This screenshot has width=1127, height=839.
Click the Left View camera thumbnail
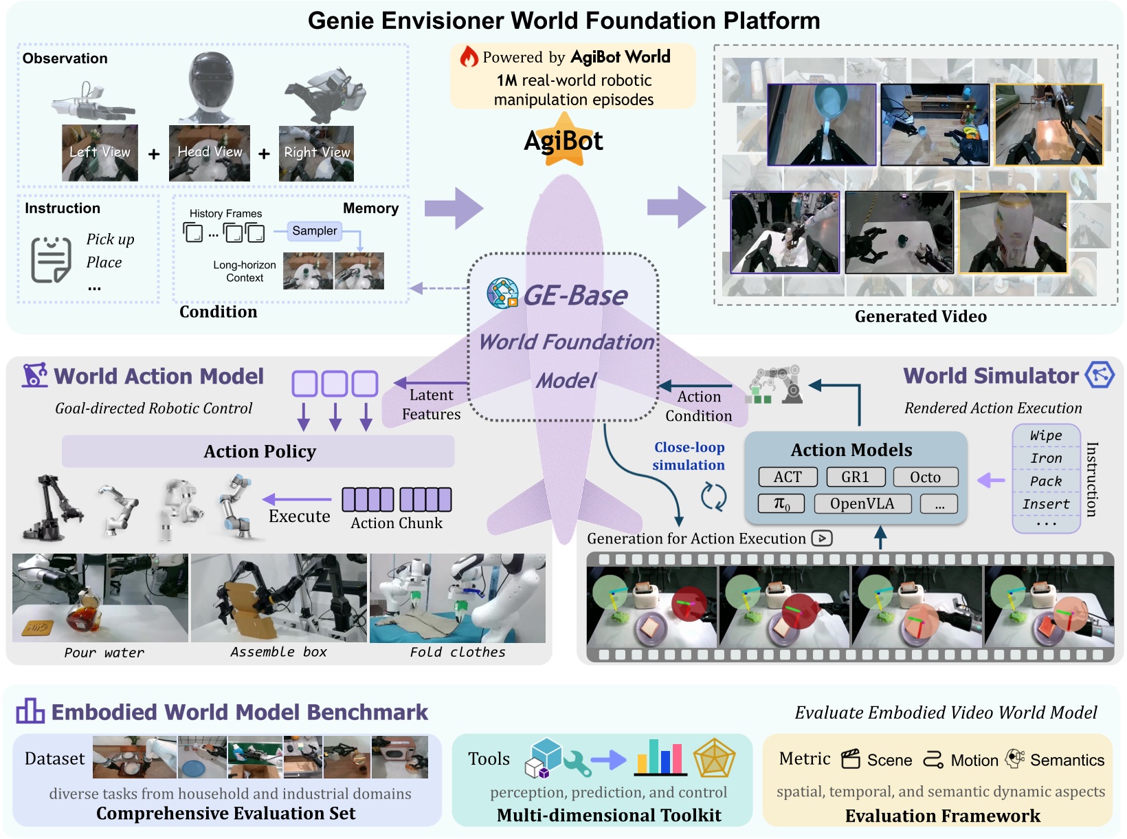100,153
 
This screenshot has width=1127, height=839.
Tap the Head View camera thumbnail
210,153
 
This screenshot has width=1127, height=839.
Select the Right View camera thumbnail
316,153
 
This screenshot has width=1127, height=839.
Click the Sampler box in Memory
314,231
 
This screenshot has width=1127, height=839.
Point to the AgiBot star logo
563,141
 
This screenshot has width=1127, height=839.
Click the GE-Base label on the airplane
574,296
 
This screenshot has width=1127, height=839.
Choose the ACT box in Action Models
788,477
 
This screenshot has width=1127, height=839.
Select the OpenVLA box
862,503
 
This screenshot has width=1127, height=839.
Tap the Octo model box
925,477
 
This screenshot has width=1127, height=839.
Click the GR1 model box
855,477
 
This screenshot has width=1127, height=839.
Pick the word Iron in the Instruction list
1046,458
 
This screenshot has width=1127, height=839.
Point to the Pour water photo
100,598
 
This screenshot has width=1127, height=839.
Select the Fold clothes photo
457,598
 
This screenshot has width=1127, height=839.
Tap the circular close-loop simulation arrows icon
713,496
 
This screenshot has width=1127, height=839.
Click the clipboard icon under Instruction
51,259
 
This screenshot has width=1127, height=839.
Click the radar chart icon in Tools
714,759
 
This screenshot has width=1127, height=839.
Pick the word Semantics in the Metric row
1067,760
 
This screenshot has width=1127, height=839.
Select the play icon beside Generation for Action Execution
822,538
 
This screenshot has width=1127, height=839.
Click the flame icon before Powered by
469,56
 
